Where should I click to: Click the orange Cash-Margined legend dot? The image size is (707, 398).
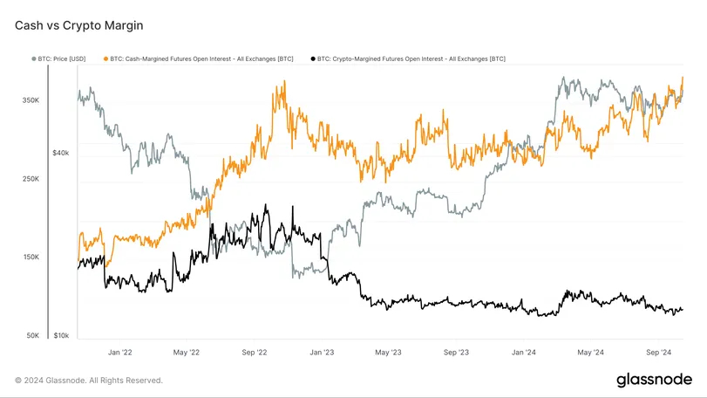point(105,58)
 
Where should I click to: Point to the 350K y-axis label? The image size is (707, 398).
point(31,101)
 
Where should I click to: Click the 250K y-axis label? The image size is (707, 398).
point(31,180)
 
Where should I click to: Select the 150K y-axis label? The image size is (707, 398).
point(31,257)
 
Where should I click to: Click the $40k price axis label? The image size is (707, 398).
point(60,153)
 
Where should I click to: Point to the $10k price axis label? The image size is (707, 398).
point(60,336)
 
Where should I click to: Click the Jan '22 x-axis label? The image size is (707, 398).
point(119,353)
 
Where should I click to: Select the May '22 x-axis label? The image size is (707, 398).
point(187,353)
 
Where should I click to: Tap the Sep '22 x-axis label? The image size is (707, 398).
point(255,353)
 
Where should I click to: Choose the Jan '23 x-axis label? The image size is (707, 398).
point(322,353)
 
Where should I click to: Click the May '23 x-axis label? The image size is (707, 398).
point(388,353)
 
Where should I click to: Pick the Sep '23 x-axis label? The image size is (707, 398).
point(456,353)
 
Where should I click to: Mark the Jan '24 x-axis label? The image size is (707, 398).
point(523,353)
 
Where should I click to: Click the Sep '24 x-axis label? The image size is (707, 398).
point(658,353)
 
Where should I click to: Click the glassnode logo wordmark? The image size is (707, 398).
point(654,380)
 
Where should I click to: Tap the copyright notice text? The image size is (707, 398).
point(89,381)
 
